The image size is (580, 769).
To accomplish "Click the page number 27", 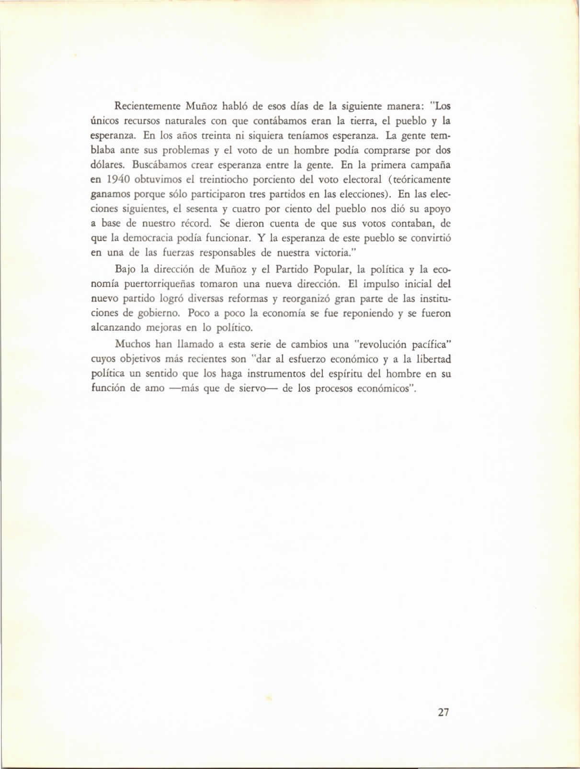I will coord(443,712).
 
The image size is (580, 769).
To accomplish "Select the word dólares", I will coord(108,166).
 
